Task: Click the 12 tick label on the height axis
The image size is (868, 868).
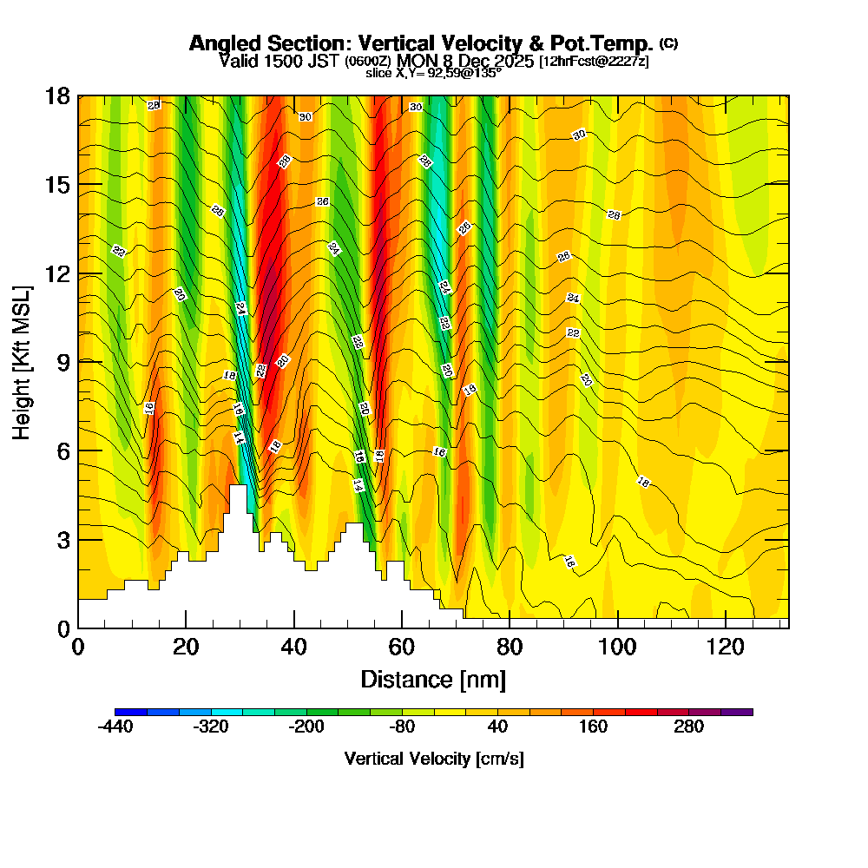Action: [57, 273]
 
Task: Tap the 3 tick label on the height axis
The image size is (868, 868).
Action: [62, 540]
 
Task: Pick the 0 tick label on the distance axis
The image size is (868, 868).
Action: [78, 647]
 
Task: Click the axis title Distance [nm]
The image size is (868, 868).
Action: [433, 679]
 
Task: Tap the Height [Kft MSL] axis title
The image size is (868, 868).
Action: [22, 361]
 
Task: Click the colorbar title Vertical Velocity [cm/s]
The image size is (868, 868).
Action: [434, 759]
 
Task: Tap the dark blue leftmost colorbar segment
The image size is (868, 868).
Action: [130, 712]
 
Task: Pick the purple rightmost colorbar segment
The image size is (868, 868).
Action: [737, 712]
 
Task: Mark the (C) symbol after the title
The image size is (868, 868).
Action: [668, 43]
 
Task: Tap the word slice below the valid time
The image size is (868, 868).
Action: [379, 74]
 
